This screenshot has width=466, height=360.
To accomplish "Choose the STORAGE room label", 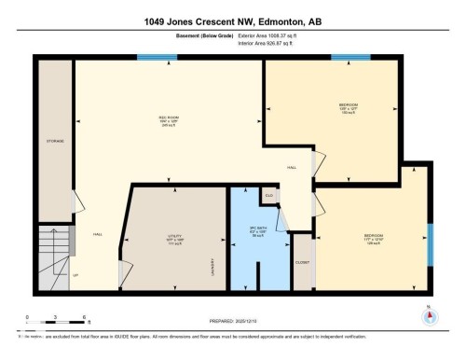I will [x=55, y=141].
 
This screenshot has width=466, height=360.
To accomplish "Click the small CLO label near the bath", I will [x=269, y=195].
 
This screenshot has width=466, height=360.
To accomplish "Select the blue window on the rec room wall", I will [x=157, y=58].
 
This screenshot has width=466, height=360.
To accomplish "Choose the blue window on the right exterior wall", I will [x=430, y=244].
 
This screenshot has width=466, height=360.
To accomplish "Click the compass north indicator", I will [x=429, y=315].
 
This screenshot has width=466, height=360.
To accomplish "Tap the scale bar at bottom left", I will [x=57, y=322].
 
